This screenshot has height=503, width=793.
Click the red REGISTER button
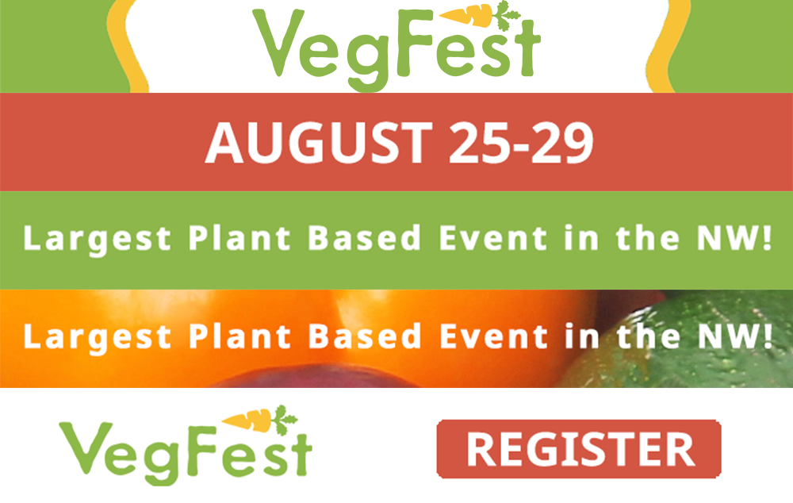pyautogui.click(x=579, y=449)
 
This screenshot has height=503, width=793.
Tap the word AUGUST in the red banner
pyautogui.click(x=318, y=144)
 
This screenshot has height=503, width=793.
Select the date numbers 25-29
pyautogui.click(x=521, y=144)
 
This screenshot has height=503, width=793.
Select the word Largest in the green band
pyautogui.click(x=97, y=239)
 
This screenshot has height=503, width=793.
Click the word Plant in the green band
pyautogui.click(x=239, y=238)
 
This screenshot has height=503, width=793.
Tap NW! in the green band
pyautogui.click(x=735, y=238)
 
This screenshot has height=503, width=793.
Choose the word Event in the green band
pyautogui.click(x=493, y=238)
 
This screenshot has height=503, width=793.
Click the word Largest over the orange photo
pyautogui.click(x=97, y=337)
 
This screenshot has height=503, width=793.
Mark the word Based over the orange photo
pyautogui.click(x=365, y=336)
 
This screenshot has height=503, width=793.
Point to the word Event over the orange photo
pyautogui.click(x=493, y=336)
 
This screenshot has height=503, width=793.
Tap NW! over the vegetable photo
pyautogui.click(x=735, y=336)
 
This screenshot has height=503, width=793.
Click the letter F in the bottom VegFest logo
pyautogui.click(x=203, y=451)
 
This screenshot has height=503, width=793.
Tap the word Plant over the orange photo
pyautogui.click(x=239, y=336)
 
